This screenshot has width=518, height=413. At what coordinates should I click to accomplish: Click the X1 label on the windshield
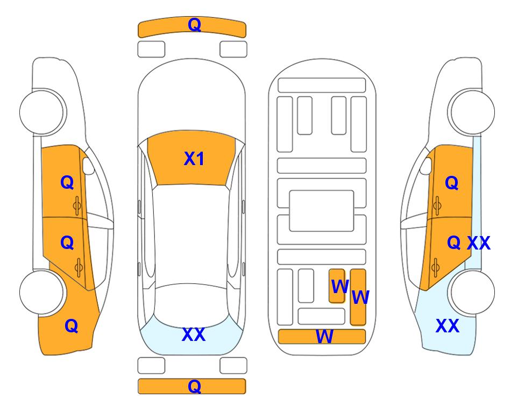tap(194, 159)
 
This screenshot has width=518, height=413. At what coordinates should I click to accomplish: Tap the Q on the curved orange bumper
tap(194, 24)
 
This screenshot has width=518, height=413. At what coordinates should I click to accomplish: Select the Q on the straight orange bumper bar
tap(194, 386)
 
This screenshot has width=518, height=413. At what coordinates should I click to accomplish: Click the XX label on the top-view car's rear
tap(194, 334)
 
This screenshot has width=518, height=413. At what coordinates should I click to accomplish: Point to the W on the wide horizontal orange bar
tap(324, 337)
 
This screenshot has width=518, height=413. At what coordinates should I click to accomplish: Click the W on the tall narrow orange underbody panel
tap(360, 297)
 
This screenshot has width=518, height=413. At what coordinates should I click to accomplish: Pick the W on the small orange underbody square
tap(340, 287)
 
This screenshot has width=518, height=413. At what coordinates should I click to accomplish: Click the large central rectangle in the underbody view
tap(322, 211)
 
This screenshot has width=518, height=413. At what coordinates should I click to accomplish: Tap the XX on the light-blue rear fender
tap(448, 326)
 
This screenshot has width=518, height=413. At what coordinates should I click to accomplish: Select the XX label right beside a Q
tap(478, 243)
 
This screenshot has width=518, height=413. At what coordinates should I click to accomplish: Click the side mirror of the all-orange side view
tap(88, 166)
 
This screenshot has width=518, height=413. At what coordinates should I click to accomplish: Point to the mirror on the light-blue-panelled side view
tap(426, 166)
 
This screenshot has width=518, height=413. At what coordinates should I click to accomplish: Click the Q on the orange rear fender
tap(72, 326)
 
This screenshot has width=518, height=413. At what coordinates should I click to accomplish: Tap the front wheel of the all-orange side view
tap(42, 112)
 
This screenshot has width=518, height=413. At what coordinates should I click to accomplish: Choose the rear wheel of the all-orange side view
tap(42, 292)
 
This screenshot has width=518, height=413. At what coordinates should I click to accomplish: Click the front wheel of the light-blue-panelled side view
tap(471, 112)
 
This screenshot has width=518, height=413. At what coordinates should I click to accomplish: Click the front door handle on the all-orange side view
tap(77, 205)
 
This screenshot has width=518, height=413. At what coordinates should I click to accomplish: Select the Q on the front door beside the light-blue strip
tap(452, 183)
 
